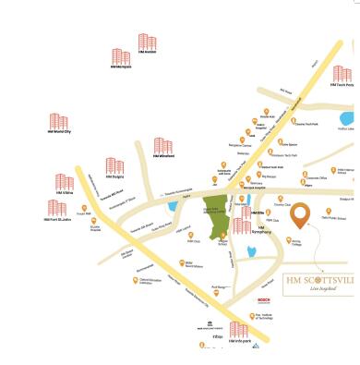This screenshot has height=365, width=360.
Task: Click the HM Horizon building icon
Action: tap(147, 42)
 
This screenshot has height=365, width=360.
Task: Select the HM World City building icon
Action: tap(59, 122)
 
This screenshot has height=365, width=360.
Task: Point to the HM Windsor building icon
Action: tap(163, 146)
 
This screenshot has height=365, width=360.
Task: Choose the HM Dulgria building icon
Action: tap(114, 166)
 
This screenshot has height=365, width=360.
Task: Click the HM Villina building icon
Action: tap(64, 182)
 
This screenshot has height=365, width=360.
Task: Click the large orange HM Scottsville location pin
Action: tap(300, 217)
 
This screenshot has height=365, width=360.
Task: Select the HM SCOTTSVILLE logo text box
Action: tap(318, 283)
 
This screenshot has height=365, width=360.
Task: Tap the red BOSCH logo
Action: tap(263, 300)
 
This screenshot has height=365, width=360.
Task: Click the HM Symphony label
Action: tap(267, 229)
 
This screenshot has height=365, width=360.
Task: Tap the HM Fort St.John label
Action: tap(59, 219)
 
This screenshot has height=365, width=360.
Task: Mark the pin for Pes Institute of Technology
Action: tap(250, 315)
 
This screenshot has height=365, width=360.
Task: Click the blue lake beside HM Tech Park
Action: tap(346, 119)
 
